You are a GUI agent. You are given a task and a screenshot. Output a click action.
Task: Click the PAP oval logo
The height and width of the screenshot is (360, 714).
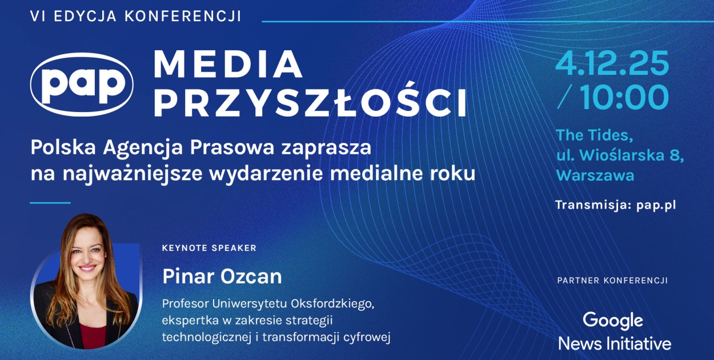tap(82, 85)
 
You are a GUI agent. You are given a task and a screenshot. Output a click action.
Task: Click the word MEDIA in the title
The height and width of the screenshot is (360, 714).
tap(227, 64)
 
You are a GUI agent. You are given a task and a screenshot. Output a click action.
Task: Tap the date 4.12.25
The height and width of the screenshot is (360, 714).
tap(612, 65)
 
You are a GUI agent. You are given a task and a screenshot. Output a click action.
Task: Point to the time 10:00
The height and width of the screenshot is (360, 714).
tap(624, 98)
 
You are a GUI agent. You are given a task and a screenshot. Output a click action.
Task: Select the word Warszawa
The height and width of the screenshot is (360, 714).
tap(595, 175)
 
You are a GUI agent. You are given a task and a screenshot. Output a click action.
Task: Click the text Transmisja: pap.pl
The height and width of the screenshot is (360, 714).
tap(615, 205)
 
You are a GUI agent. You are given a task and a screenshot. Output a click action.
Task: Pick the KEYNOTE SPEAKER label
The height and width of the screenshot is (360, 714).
tap(209, 248)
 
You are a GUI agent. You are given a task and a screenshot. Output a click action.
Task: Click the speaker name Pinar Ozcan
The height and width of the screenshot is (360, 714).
tap(222, 277)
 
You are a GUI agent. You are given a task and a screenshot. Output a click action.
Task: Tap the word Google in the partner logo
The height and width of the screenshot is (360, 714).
tap(613, 321)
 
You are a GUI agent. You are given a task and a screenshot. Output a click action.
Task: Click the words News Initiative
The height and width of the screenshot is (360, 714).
tap(615, 343)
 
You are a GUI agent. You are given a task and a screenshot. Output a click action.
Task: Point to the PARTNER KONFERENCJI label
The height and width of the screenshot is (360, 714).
tap(612, 281)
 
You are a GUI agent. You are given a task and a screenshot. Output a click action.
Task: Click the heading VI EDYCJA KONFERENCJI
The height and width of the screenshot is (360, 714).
tap(136, 17)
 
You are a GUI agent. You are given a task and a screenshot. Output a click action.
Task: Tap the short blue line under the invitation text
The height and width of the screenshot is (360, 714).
tap(50, 202)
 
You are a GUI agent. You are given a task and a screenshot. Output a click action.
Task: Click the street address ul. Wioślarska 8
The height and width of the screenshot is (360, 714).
tap(620, 155)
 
